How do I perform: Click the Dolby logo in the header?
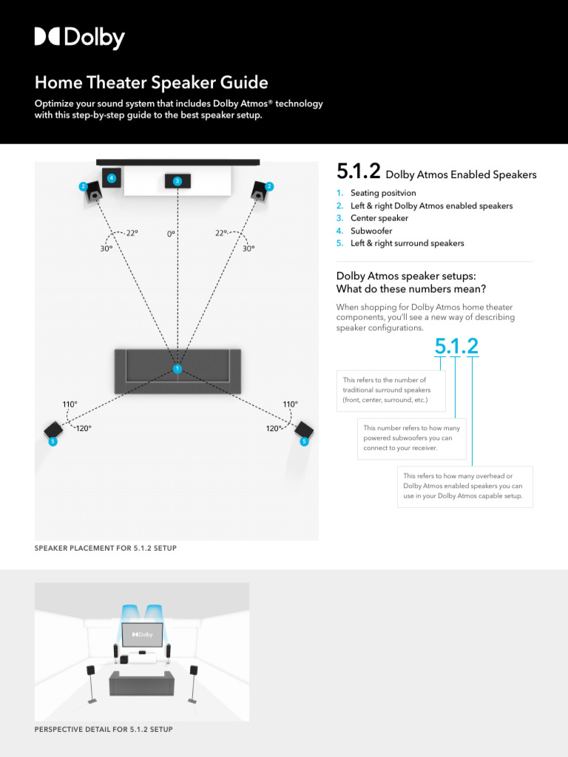[x=79, y=38]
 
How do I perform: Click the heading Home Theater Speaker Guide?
[x=151, y=82]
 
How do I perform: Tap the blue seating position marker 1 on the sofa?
[x=177, y=368]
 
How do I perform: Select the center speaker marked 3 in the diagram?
[x=177, y=181]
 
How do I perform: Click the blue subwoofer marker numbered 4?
[x=111, y=177]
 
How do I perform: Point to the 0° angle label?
[x=172, y=234]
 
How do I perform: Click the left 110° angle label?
[x=70, y=404]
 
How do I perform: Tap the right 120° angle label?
[x=275, y=428]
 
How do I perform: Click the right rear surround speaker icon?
[x=304, y=430]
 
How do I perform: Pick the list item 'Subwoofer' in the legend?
[x=371, y=231]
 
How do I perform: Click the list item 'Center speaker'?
[x=379, y=218]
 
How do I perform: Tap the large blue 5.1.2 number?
[x=456, y=345]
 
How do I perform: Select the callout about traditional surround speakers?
[x=390, y=390]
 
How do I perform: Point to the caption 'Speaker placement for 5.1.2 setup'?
[x=106, y=548]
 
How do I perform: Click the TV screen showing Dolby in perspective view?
[x=142, y=634]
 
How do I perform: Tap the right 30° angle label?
[x=248, y=248]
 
